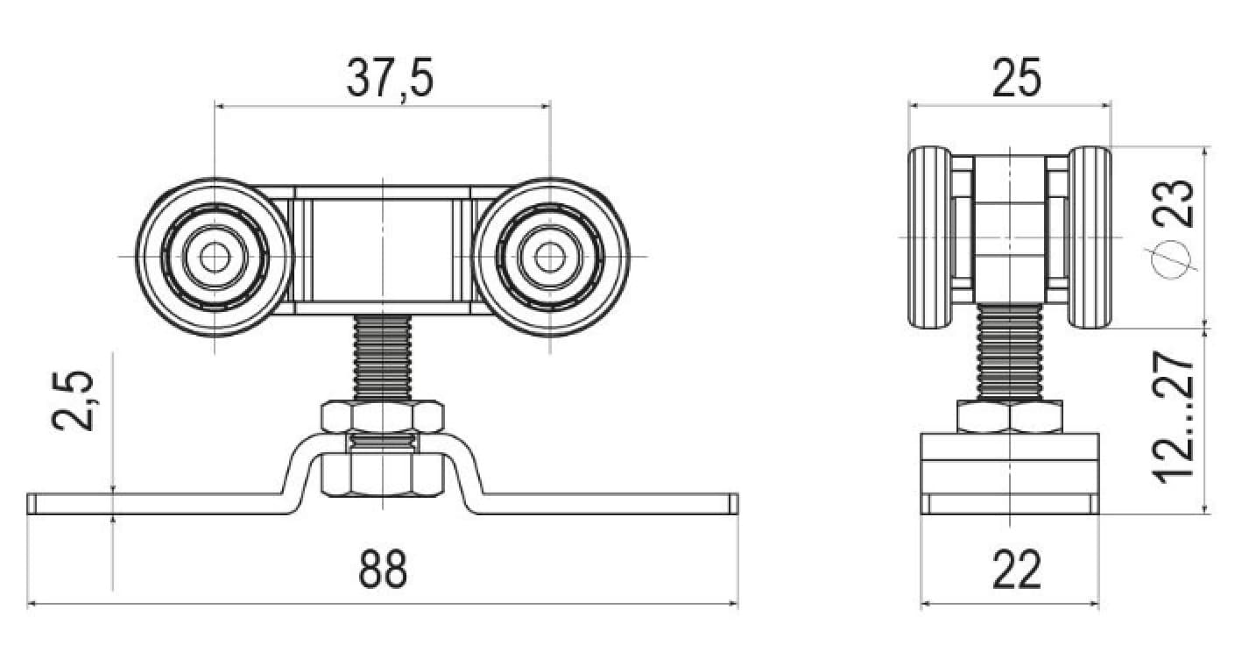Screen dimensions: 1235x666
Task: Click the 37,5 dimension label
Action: click(x=390, y=77)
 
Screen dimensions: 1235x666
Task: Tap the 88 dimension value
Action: click(x=383, y=569)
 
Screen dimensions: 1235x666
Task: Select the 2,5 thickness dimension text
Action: click(x=73, y=400)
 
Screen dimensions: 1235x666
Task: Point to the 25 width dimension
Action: click(x=1017, y=77)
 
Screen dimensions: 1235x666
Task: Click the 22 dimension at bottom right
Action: click(x=1017, y=569)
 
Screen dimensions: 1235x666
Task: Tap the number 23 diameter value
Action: click(x=1173, y=203)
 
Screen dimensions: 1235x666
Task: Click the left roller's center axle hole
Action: click(x=214, y=257)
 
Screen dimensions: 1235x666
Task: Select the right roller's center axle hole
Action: click(x=550, y=257)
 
